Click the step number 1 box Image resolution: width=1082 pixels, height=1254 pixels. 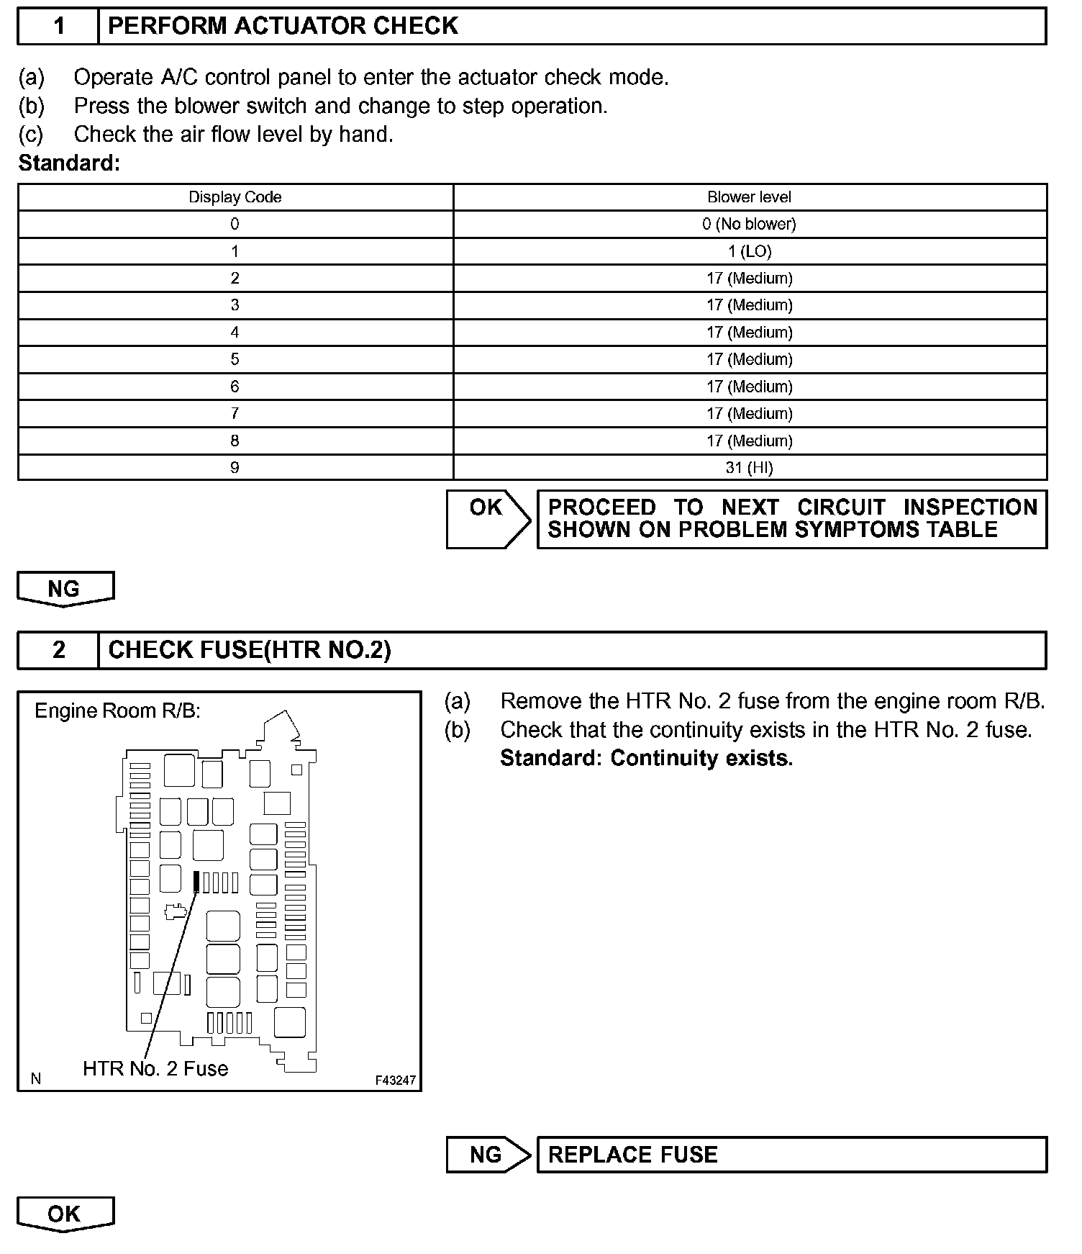[x=58, y=27]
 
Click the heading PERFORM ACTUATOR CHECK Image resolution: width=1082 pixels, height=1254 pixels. [x=283, y=27]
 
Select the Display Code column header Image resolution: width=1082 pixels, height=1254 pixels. [x=235, y=197]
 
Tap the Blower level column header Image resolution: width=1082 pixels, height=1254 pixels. [x=749, y=197]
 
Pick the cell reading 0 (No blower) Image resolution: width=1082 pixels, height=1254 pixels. [x=749, y=224]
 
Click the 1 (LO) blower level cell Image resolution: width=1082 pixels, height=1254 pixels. [x=749, y=251]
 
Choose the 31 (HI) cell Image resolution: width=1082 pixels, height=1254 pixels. [x=749, y=468]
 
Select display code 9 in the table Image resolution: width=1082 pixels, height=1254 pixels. [x=235, y=468]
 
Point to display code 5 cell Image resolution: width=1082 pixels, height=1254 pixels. [x=235, y=359]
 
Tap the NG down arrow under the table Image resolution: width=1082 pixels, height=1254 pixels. [x=65, y=590]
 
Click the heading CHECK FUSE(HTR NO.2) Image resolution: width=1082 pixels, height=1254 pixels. [x=249, y=650]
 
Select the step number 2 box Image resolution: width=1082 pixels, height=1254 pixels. [x=58, y=650]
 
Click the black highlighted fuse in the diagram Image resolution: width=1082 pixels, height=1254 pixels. [x=196, y=882]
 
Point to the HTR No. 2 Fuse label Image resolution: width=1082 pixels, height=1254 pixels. [x=155, y=1068]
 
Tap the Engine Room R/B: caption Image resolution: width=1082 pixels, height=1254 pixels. [x=117, y=711]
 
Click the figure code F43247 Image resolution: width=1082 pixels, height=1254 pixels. [x=395, y=1081]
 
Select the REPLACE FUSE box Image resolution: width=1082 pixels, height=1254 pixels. [x=791, y=1155]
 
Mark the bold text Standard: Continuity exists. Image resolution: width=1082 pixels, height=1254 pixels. [x=646, y=759]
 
